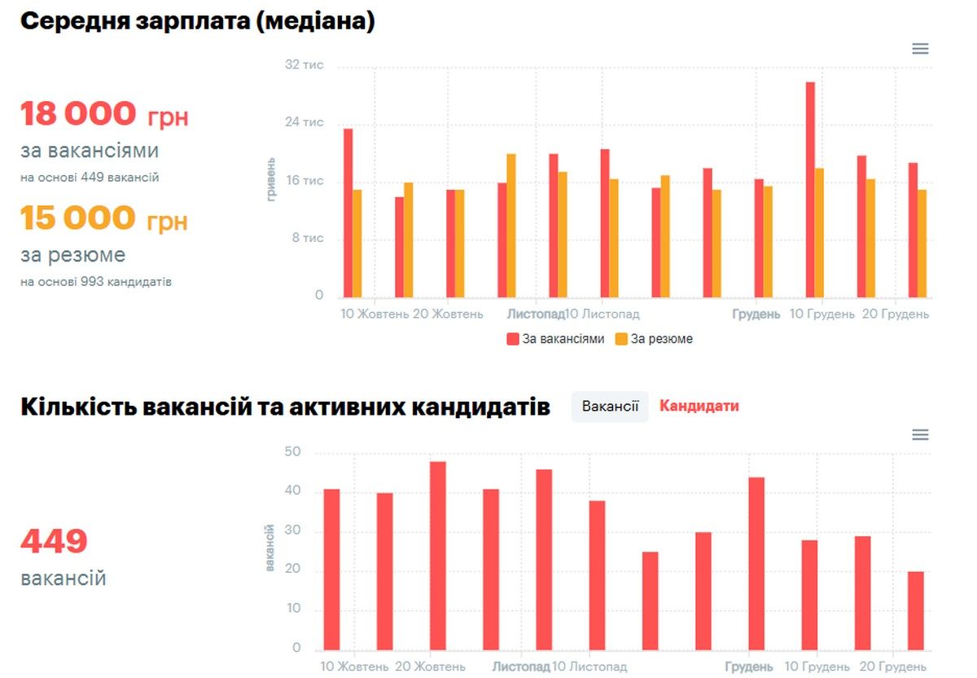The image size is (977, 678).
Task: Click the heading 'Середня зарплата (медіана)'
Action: (197, 21)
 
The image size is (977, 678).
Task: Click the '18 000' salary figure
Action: (78, 114)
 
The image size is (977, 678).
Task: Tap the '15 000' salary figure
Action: (78, 218)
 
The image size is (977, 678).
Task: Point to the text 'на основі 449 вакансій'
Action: (90, 178)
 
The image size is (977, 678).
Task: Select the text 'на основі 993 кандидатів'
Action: (96, 282)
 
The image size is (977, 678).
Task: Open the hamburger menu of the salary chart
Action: (920, 49)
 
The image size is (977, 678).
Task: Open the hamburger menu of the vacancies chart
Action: (920, 435)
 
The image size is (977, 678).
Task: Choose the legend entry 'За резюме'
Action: (654, 339)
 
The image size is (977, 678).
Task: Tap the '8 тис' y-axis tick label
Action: (308, 238)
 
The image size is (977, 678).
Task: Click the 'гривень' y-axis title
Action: (271, 179)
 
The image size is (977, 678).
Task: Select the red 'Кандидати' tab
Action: (699, 406)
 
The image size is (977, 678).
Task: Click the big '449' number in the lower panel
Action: (54, 541)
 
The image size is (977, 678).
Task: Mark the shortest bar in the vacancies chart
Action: (916, 610)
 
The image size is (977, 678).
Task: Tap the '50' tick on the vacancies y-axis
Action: (291, 452)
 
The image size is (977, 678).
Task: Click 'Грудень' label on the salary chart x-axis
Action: (756, 315)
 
